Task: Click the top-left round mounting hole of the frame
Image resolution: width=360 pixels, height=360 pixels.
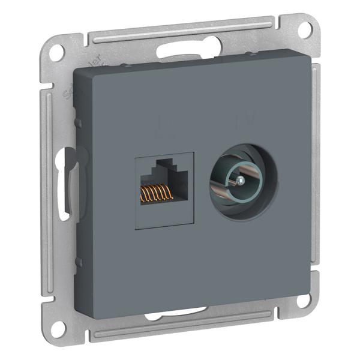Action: pos(56,52)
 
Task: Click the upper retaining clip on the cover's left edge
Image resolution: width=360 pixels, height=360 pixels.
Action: pos(78,122)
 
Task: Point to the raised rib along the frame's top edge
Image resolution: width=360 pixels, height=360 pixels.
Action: pos(186,34)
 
